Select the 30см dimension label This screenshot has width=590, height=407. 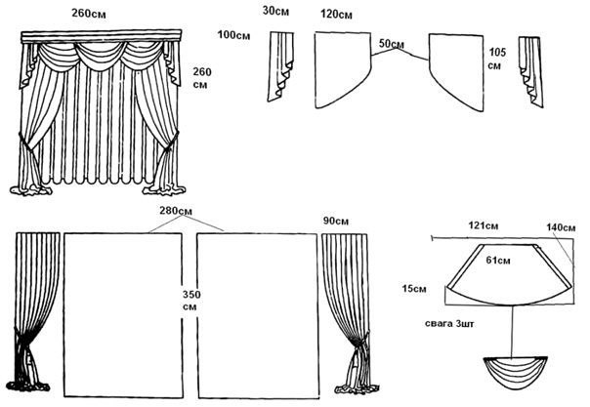pyautogui.click(x=276, y=12)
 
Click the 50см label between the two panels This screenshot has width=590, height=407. pyautogui.click(x=390, y=44)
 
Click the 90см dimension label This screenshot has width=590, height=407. pyautogui.click(x=336, y=222)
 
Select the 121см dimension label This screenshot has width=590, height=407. pyautogui.click(x=483, y=226)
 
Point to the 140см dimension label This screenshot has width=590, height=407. pyautogui.click(x=562, y=226)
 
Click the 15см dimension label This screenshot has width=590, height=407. pyautogui.click(x=414, y=288)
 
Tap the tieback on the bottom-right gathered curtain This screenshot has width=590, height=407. pyautogui.click(x=359, y=342)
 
